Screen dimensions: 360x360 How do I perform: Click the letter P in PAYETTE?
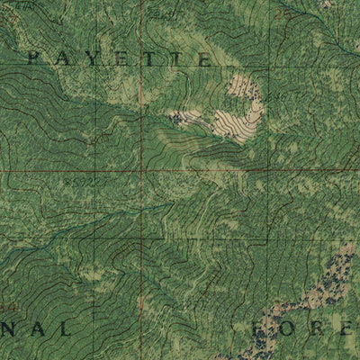click(x=35, y=58)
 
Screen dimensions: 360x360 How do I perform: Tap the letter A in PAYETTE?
click(x=64, y=58)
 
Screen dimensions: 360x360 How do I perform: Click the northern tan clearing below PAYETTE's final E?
click(x=240, y=86)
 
